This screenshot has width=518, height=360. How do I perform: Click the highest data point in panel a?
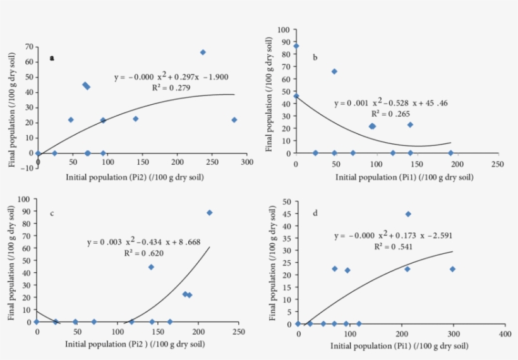pos(203,52)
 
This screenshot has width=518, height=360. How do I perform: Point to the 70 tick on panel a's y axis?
pos(29,47)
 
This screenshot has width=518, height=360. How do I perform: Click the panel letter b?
pos(315,58)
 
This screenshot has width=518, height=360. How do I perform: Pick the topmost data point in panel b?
pos(296,46)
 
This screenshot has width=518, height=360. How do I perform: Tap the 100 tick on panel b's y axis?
pos(284,30)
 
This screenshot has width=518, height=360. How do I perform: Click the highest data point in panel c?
pos(209,213)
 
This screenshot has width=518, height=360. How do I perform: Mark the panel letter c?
pos(52,213)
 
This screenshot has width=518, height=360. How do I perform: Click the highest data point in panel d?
pos(408,214)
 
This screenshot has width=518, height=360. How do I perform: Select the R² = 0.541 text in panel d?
pos(392,246)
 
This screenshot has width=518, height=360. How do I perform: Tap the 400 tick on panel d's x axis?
pos(503,333)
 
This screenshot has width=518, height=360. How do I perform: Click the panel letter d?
pos(315,213)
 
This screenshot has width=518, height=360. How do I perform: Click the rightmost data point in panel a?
pos(234,120)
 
